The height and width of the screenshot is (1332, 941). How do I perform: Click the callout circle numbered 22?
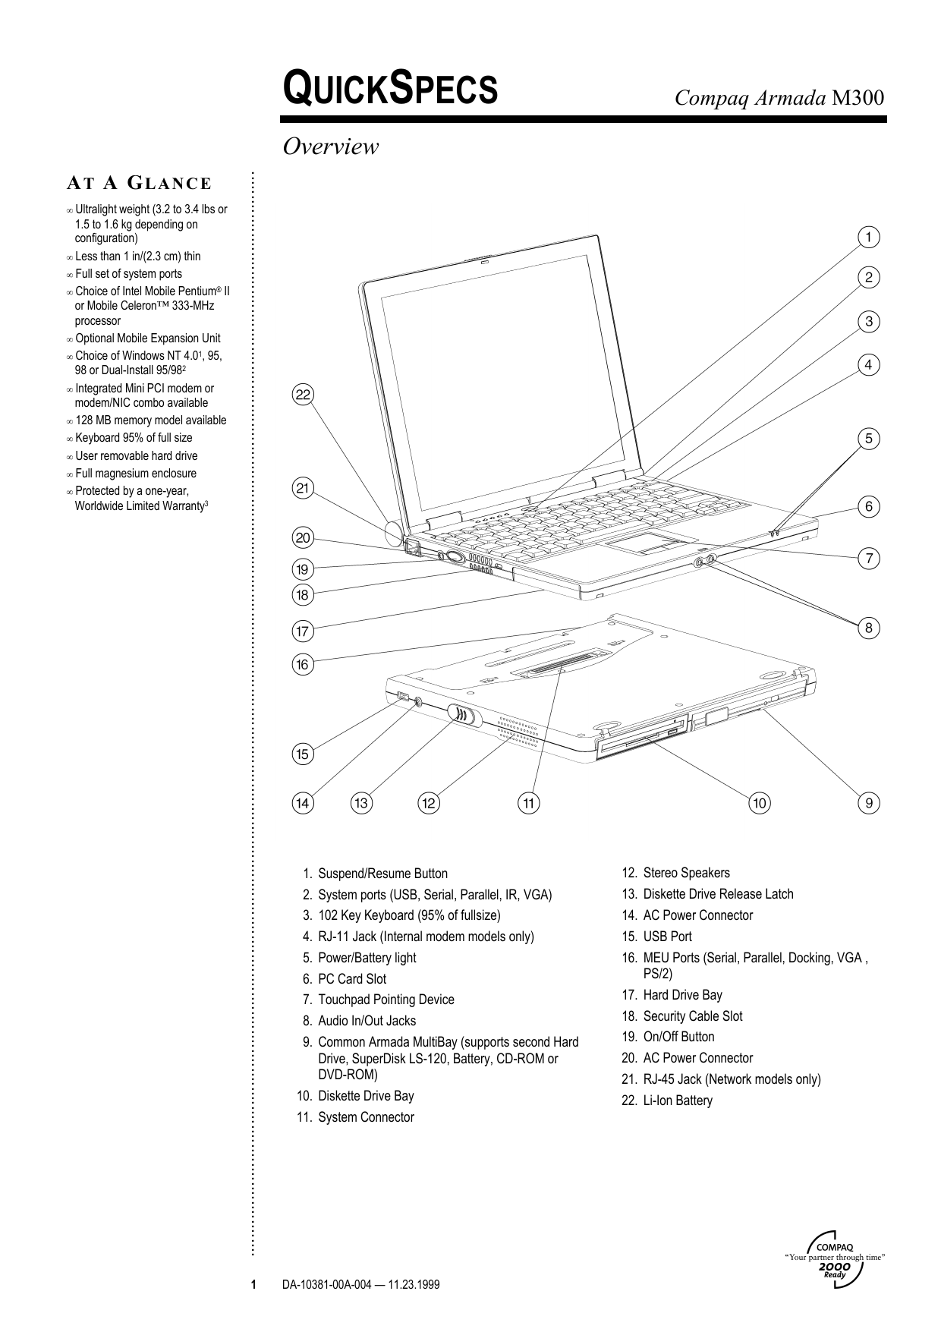304,395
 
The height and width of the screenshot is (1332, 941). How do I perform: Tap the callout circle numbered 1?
869,237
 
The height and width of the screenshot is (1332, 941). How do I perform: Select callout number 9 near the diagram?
869,803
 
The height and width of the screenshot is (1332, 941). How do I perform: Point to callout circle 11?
529,803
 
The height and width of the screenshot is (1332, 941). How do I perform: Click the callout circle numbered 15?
303,754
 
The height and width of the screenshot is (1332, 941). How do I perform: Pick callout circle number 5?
869,439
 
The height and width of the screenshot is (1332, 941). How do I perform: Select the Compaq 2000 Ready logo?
834,1255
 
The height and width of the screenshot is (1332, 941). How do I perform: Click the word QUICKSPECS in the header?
390,89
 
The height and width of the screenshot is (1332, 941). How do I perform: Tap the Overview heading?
330,146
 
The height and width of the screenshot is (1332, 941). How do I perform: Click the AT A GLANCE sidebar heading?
139,183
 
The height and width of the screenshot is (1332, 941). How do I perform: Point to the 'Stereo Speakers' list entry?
676,873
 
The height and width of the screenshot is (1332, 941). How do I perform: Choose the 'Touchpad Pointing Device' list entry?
378,1000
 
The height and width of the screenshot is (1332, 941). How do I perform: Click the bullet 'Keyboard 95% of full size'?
134,438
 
